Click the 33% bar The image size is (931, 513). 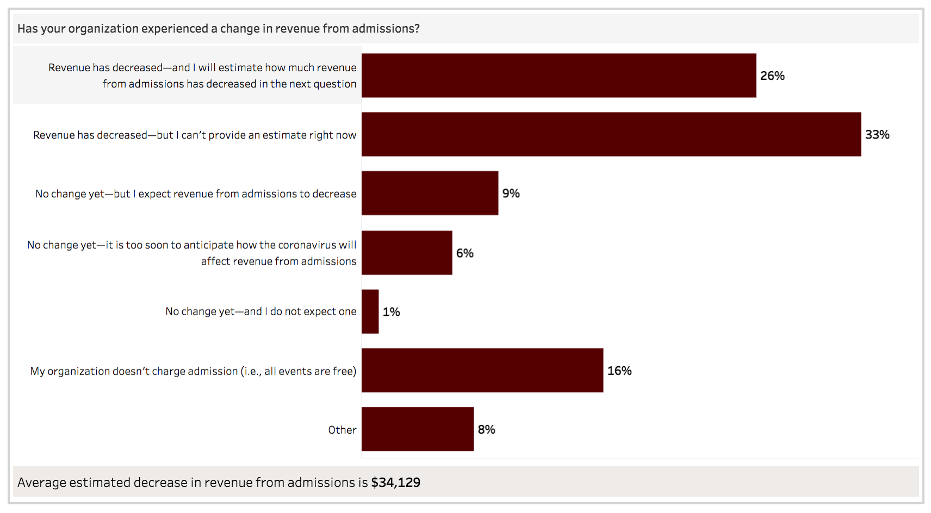coord(611,134)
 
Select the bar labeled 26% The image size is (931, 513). coord(558,76)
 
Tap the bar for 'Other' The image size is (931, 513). coord(418,429)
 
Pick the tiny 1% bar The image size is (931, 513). coord(370,311)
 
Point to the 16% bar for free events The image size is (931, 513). coord(482,370)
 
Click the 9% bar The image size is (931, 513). coord(430,193)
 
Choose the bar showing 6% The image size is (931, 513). coord(407,253)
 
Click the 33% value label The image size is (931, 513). coord(877,134)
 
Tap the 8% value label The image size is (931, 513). coord(486,429)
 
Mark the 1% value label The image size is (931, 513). coord(391,312)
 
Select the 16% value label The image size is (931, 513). coord(619,371)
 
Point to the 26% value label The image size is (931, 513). coord(772,76)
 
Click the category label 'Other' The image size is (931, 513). coord(342,430)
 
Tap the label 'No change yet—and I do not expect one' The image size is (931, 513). coord(261,311)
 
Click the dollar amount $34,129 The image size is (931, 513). coord(395,483)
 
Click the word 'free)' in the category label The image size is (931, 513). coord(344,371)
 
